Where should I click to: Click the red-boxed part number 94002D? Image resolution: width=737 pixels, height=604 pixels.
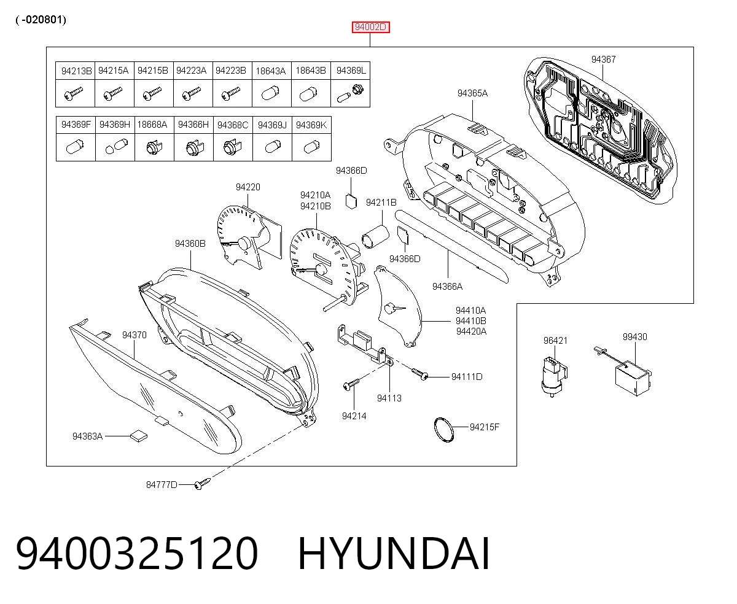tap(370, 27)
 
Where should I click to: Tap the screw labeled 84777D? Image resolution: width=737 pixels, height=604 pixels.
tap(203, 484)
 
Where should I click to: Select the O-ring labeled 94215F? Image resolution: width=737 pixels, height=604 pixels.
tap(444, 429)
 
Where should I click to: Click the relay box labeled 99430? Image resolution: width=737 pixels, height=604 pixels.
tap(633, 378)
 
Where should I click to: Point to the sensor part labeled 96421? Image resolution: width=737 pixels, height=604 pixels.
tap(554, 376)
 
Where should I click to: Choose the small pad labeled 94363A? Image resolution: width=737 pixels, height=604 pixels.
tap(139, 436)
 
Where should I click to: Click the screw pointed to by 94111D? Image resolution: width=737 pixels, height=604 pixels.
tap(419, 374)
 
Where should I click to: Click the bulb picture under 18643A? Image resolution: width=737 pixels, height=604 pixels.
tap(270, 93)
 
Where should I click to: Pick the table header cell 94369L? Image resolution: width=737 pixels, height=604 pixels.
tap(351, 71)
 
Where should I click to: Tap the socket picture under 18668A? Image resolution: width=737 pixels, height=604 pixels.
tap(154, 147)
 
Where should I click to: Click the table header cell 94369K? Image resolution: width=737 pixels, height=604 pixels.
tap(311, 125)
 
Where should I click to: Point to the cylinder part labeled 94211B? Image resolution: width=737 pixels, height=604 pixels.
tap(375, 236)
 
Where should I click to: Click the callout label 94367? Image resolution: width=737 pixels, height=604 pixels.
tap(603, 60)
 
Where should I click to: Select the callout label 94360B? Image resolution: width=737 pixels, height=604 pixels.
tap(190, 244)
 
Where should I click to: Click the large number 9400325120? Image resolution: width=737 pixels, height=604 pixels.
tap(137, 554)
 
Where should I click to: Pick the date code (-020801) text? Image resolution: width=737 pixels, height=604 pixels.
tap(41, 20)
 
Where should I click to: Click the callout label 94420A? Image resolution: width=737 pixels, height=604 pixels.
tap(471, 331)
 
